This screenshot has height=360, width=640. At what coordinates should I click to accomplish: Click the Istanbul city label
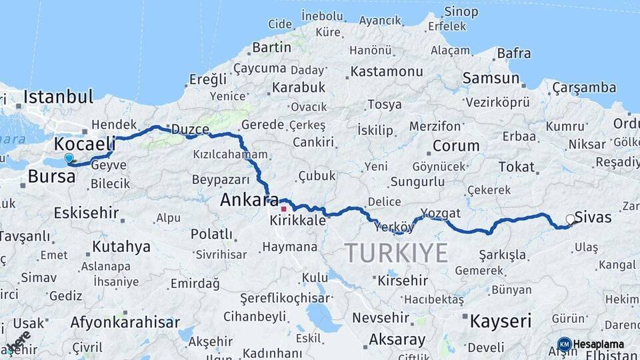[x=58, y=97]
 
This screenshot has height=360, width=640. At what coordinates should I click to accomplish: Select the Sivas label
[x=593, y=218]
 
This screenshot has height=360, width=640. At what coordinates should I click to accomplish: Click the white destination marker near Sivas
[x=570, y=219]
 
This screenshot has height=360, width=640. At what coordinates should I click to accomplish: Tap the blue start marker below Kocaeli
[x=69, y=158]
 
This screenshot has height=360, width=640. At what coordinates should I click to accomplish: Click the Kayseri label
[x=500, y=321]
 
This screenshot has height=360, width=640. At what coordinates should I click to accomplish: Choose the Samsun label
[x=491, y=79]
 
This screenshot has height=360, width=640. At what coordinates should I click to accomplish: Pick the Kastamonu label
[x=387, y=71]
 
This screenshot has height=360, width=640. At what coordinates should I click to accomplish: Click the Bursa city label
[x=51, y=177]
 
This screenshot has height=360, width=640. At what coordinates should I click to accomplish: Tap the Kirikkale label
[x=298, y=221]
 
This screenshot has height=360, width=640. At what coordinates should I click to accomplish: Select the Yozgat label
[x=440, y=213]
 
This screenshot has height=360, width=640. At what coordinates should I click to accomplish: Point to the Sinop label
[x=461, y=11]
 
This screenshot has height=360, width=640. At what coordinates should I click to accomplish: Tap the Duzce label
[x=190, y=129]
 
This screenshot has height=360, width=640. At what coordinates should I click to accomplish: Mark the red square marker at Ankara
[x=283, y=209]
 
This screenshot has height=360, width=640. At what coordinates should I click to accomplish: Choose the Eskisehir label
[x=86, y=213]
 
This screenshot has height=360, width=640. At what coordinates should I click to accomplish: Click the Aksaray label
[x=397, y=339]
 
